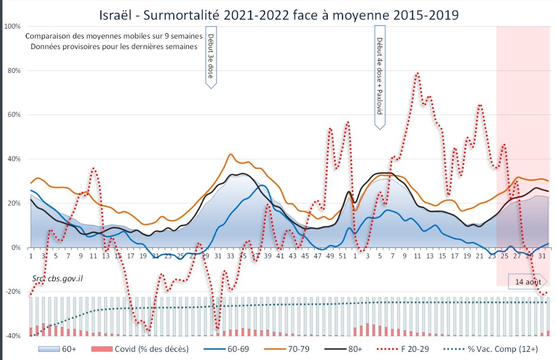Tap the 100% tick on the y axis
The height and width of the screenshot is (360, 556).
(12, 26)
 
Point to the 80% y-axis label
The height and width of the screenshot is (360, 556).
(14, 70)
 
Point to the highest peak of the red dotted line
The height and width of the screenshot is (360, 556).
(417, 73)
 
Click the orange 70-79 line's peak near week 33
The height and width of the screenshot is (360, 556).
(230, 154)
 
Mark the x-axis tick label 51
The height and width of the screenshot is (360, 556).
(343, 256)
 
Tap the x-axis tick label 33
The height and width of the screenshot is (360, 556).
(230, 256)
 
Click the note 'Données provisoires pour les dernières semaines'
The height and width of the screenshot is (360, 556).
(114, 47)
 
